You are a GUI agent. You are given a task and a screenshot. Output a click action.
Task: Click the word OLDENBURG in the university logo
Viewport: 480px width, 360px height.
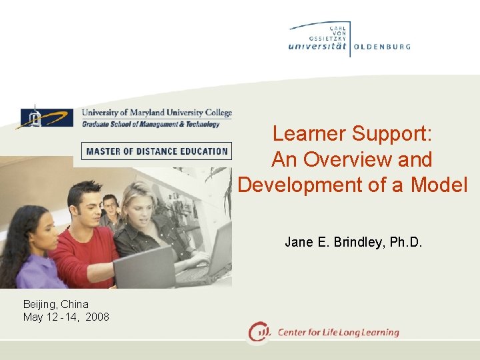click(382, 47)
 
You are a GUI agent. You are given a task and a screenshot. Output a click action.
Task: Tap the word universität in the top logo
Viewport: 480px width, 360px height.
click(319, 47)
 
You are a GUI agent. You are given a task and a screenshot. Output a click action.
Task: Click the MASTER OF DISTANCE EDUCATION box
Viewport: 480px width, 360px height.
click(157, 151)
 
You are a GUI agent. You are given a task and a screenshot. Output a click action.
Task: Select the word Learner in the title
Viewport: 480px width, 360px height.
click(309, 134)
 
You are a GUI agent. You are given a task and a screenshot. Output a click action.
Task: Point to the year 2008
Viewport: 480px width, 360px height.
click(97, 317)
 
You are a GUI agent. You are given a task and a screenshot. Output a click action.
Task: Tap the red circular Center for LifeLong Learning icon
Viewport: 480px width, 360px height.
click(259, 332)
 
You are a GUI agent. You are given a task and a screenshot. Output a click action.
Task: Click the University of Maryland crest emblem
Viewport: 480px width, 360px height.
click(33, 117)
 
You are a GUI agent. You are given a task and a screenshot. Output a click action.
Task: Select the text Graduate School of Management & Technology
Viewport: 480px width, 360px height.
click(151, 124)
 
